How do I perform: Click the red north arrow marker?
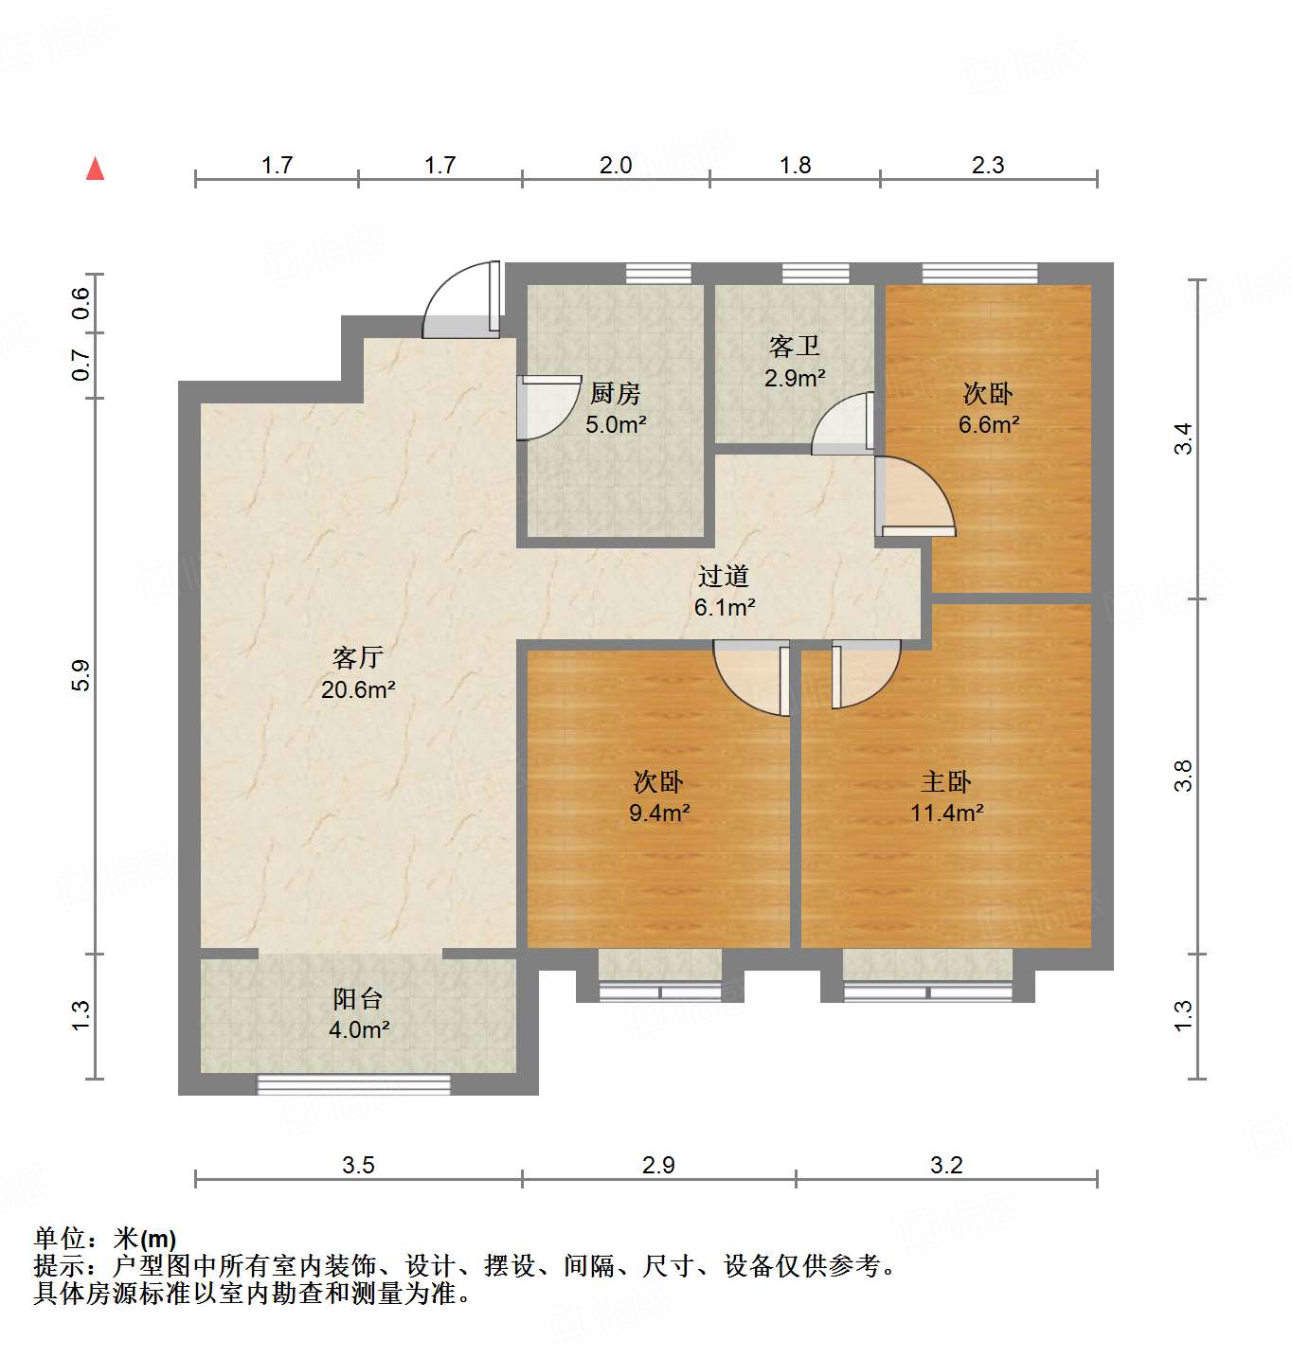(x=95, y=169)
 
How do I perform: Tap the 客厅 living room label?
(x=358, y=657)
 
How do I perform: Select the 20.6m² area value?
(x=358, y=689)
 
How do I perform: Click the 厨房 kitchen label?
(x=616, y=393)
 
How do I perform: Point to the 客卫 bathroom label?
(x=795, y=347)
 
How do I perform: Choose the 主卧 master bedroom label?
(x=946, y=781)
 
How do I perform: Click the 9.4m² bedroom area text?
(x=659, y=813)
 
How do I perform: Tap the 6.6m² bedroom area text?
(x=989, y=424)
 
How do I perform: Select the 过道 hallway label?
(x=724, y=576)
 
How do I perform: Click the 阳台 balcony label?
(x=358, y=998)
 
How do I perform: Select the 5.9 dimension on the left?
(x=81, y=674)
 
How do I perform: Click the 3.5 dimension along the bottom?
(x=358, y=1165)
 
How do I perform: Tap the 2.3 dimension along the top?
(x=987, y=165)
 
